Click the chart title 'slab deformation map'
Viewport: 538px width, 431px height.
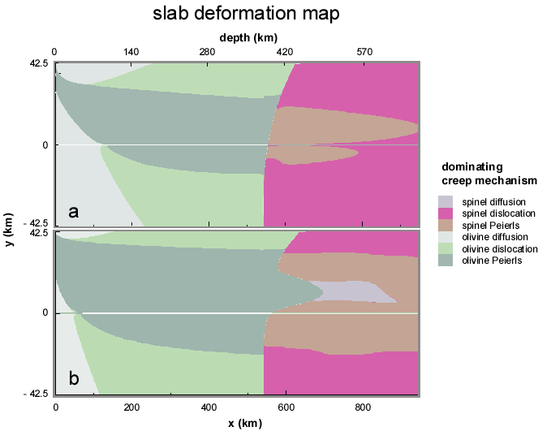click(235, 14)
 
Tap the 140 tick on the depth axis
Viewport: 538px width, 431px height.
click(131, 52)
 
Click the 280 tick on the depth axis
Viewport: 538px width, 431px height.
click(208, 52)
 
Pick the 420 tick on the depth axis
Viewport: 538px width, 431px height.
click(285, 52)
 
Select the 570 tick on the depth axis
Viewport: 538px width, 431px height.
click(364, 52)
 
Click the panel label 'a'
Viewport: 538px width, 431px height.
click(74, 213)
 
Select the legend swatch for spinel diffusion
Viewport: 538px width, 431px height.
click(445, 200)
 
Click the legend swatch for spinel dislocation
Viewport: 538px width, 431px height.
click(445, 213)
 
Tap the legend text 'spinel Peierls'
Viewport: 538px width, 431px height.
click(487, 225)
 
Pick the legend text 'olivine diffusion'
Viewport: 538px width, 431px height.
click(493, 236)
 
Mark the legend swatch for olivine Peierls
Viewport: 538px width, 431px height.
click(445, 261)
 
